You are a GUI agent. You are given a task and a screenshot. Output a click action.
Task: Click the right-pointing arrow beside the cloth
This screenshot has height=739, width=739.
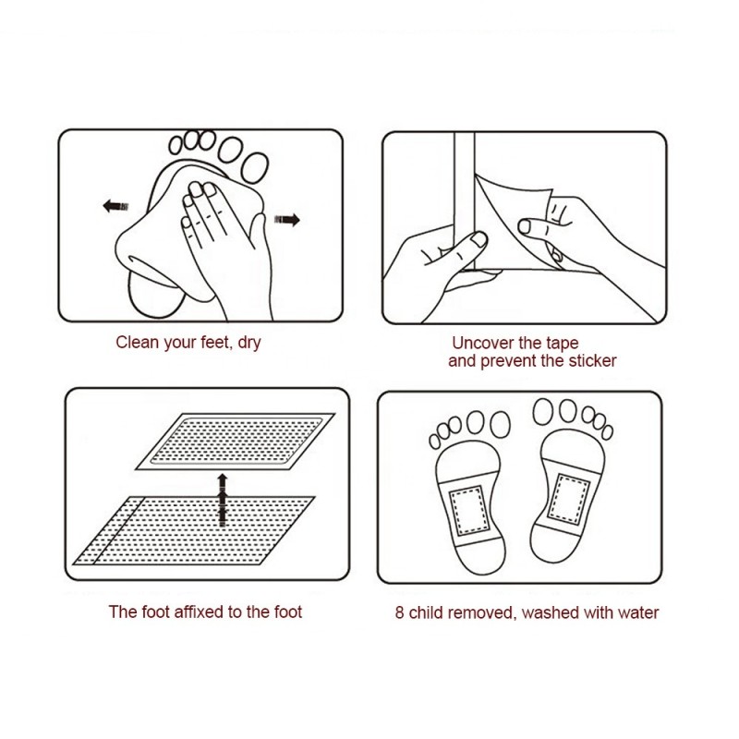click(288, 219)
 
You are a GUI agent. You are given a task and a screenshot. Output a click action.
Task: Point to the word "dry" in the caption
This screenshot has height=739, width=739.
click(248, 343)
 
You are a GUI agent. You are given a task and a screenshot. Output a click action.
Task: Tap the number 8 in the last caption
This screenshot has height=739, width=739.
click(400, 612)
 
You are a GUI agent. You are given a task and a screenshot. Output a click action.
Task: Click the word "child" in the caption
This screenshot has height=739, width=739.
click(428, 612)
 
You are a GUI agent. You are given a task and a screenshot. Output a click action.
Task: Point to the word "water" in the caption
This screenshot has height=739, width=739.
click(638, 612)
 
